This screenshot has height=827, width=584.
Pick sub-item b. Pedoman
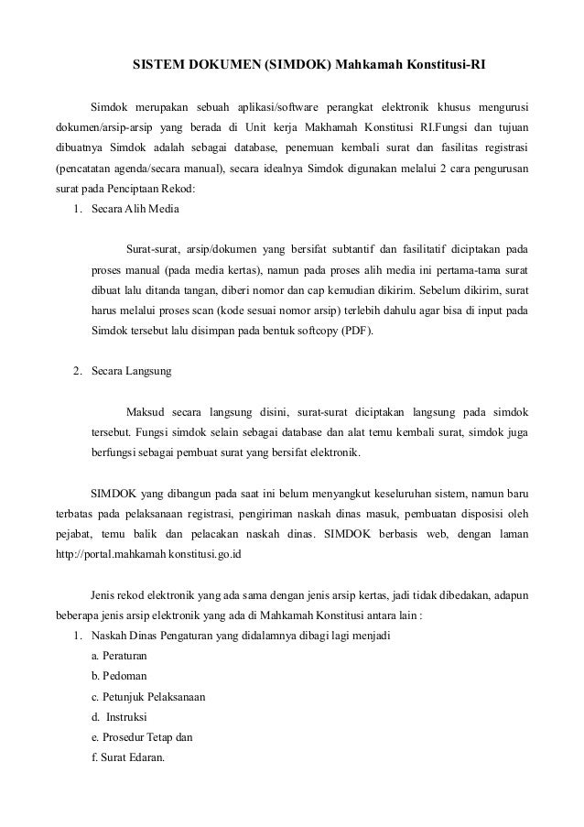pos(120,676)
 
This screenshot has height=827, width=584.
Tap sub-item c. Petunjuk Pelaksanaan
pos(148,696)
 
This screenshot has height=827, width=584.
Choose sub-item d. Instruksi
pos(120,716)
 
